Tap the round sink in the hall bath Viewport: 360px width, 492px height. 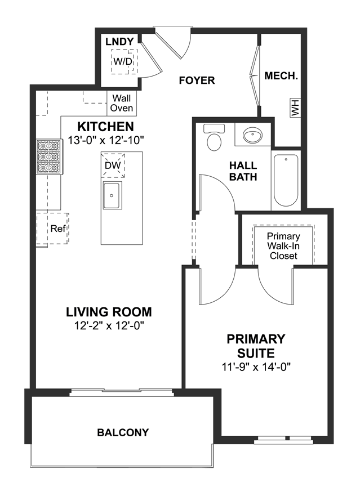(x=253, y=135)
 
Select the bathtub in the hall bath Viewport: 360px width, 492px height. (x=286, y=181)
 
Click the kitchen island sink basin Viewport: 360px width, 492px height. (x=112, y=195)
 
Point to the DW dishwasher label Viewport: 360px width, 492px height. (x=113, y=166)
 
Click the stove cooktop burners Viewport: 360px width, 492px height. (x=49, y=156)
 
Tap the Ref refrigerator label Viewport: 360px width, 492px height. (x=58, y=229)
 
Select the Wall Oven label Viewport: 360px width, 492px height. (x=122, y=103)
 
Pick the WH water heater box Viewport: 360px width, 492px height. (x=295, y=108)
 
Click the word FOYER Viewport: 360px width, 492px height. (x=197, y=80)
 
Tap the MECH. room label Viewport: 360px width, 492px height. (x=281, y=75)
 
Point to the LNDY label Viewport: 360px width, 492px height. (x=119, y=42)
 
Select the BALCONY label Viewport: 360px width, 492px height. (x=123, y=432)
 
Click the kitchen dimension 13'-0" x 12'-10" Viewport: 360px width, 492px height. (x=106, y=140)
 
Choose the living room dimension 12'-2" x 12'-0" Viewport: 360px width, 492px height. (x=109, y=326)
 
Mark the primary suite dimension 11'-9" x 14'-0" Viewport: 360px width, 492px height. (x=256, y=366)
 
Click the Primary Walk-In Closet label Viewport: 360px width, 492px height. (x=283, y=246)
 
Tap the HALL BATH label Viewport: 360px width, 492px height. (x=243, y=171)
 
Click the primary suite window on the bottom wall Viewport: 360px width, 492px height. (x=284, y=439)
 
